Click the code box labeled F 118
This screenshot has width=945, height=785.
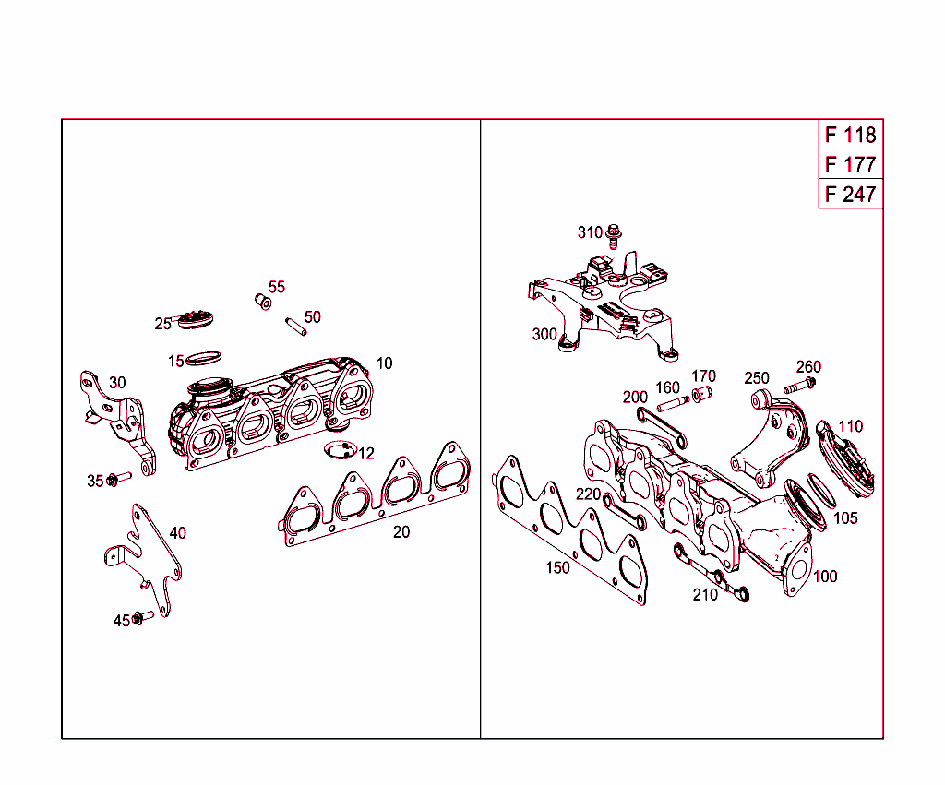[x=850, y=135]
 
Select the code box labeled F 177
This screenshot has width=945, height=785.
[x=850, y=165]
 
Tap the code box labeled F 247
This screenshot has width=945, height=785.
[x=850, y=195]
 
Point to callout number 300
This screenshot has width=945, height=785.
[x=544, y=334]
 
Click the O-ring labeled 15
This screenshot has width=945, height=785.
[x=205, y=357]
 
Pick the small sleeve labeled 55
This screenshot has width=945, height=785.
[x=263, y=302]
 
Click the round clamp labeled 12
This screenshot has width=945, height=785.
[x=339, y=449]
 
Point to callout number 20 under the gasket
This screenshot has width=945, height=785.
[x=401, y=532]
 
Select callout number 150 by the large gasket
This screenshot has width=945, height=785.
[x=557, y=568]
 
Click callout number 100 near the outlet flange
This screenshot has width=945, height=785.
[x=826, y=577]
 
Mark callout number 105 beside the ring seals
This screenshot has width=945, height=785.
[x=845, y=518]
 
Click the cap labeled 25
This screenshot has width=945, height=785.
[x=196, y=318]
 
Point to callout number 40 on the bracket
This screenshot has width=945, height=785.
[x=177, y=533]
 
